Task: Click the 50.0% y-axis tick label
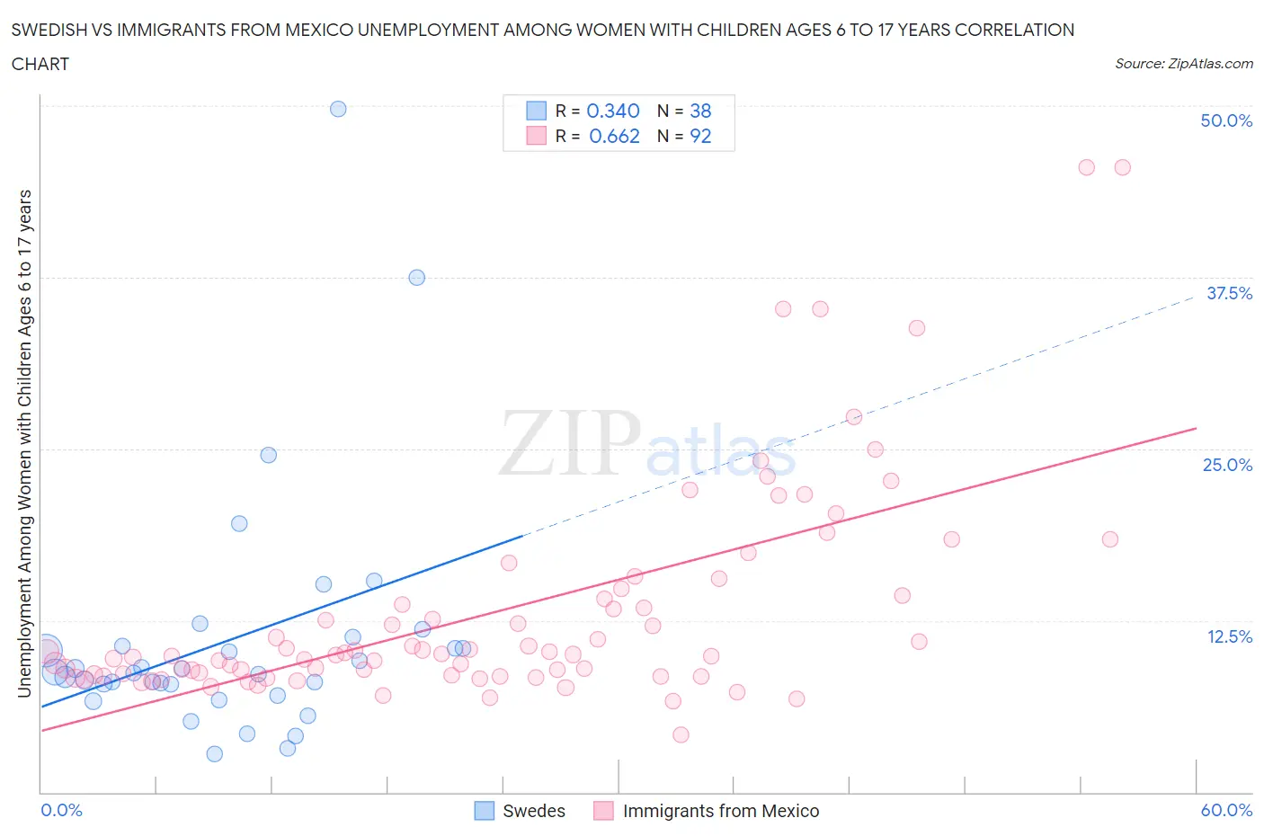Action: point(1225,120)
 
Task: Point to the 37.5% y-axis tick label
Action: point(1228,293)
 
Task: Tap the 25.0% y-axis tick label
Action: point(1227,465)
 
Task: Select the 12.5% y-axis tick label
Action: point(1228,636)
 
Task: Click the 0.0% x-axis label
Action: point(61,810)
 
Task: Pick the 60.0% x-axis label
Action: point(1226,810)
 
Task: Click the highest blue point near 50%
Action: point(338,109)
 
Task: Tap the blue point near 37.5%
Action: point(416,277)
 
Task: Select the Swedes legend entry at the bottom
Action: point(521,811)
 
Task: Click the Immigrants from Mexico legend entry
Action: point(707,811)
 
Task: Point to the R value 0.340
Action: point(613,111)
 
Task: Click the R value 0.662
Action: point(614,136)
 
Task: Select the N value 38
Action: point(700,111)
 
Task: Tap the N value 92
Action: point(700,136)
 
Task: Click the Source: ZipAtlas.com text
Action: point(1183,64)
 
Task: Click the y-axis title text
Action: point(24,443)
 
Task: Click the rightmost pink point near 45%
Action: point(1122,167)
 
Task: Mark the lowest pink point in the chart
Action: point(681,734)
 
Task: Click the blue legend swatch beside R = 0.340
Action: point(536,111)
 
